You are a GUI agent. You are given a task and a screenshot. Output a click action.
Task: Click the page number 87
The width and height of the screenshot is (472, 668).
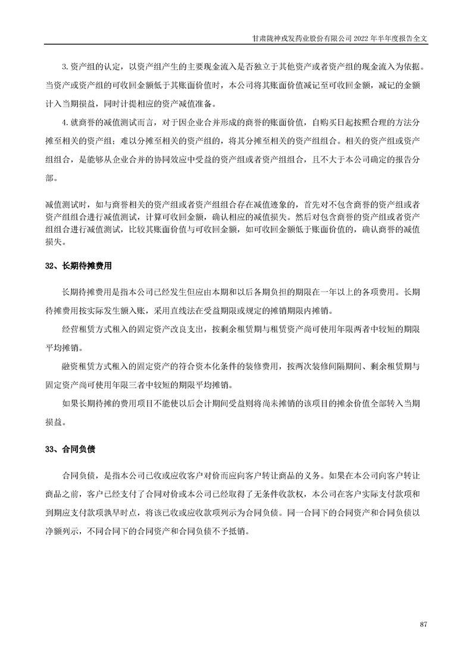[424, 623]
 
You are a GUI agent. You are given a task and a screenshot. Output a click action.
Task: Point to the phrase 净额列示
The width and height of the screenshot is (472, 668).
[61, 530]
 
